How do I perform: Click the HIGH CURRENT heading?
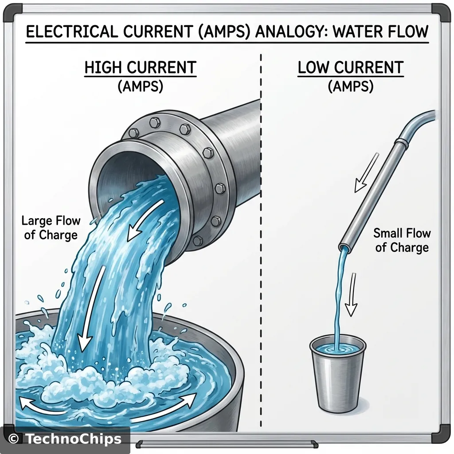(x=140, y=68)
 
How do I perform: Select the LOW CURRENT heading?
(x=350, y=68)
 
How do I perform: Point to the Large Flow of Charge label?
(x=51, y=227)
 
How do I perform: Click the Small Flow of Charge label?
(x=402, y=240)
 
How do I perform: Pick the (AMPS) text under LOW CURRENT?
(x=350, y=86)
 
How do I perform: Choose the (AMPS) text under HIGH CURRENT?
(x=140, y=86)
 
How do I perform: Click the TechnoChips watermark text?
(x=73, y=439)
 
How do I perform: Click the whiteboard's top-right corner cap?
(x=440, y=13)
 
